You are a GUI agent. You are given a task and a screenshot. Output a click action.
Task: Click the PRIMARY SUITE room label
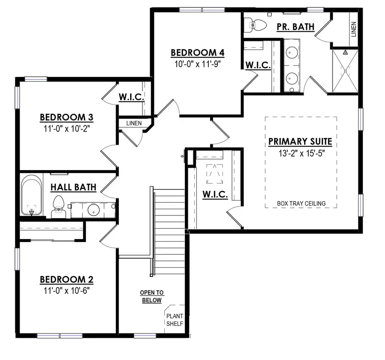coord(300,142)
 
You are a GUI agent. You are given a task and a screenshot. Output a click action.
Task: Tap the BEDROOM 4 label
coord(198,53)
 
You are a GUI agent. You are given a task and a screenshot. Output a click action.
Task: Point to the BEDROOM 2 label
coord(66,280)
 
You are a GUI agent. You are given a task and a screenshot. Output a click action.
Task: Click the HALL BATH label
coord(73,187)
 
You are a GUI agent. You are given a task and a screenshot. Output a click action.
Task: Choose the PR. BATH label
coord(295,27)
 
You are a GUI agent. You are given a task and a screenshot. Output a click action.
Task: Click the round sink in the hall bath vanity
coord(94,210)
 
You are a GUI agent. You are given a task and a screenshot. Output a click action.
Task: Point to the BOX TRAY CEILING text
coord(301,204)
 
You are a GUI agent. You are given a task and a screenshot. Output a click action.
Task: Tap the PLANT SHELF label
coord(175,320)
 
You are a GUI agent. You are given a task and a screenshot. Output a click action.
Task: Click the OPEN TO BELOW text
coord(152,296)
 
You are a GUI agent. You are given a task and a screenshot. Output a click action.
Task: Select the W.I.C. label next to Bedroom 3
coord(131,97)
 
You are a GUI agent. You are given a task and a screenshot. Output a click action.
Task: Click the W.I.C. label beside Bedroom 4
coord(258,65)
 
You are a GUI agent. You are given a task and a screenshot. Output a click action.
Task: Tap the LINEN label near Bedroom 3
coord(133,123)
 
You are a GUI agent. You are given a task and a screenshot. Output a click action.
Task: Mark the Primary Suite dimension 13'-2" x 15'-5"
coord(300,153)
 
